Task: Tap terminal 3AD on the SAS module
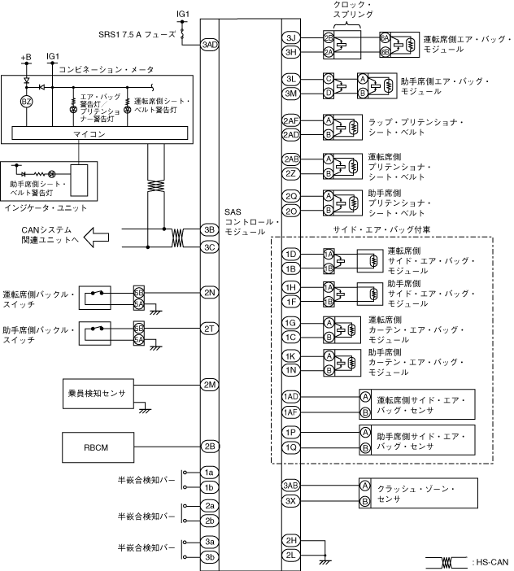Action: (209, 44)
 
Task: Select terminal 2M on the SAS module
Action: (209, 384)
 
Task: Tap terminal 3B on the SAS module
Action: (209, 230)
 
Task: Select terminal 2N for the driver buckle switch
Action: (209, 291)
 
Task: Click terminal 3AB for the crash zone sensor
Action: (291, 486)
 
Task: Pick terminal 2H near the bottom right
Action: (291, 539)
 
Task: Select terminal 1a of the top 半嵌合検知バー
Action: (209, 473)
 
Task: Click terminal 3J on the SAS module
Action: (291, 38)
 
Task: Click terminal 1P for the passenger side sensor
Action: (291, 433)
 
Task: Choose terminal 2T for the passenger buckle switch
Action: (209, 328)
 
